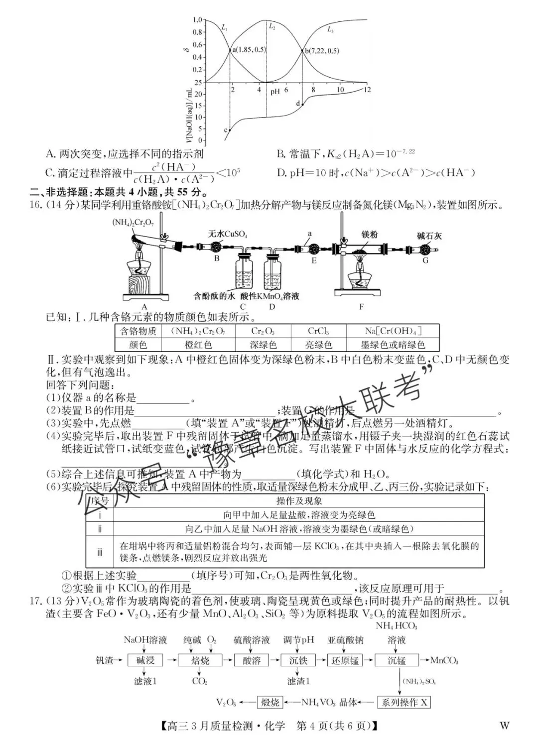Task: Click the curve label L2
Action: point(272,27)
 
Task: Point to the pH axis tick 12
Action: point(367,90)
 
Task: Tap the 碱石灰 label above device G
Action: point(429,236)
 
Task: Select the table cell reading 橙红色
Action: point(198,345)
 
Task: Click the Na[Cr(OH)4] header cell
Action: point(393,331)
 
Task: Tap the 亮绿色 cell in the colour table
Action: point(318,345)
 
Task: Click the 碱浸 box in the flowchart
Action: point(145,660)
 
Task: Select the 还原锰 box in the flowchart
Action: point(345,660)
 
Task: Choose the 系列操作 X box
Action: point(403,702)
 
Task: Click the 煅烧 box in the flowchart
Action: point(270,702)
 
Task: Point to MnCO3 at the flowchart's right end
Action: point(444,660)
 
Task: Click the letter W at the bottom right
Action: point(504,726)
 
